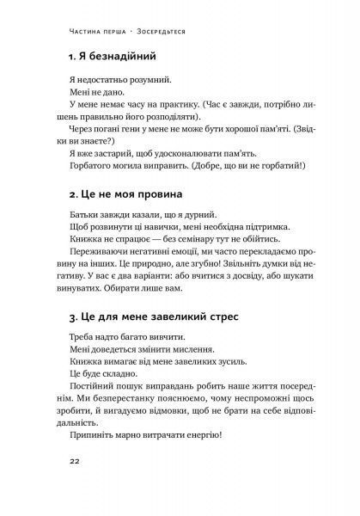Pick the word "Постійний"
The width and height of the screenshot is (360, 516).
click(x=95, y=389)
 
